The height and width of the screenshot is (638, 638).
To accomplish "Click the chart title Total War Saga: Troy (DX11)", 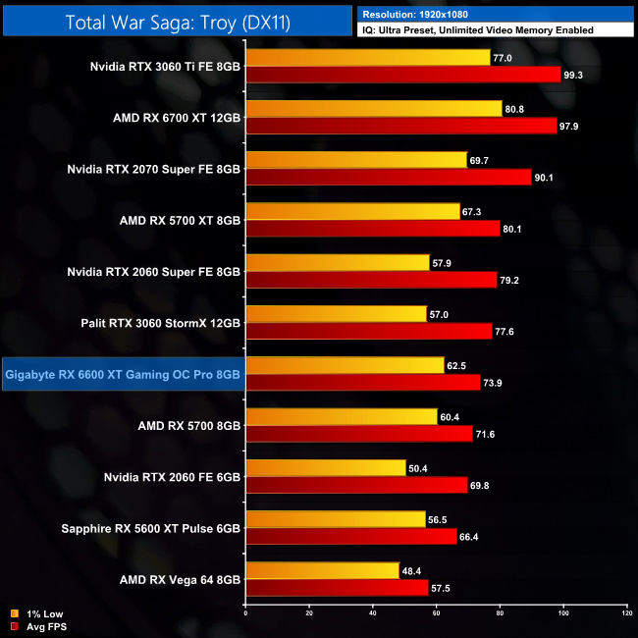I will [177, 20].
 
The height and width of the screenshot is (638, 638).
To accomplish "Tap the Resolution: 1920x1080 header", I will [421, 14].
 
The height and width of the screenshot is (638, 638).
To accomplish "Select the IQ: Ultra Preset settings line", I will [477, 30].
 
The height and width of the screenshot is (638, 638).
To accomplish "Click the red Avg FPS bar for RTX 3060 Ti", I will [402, 75].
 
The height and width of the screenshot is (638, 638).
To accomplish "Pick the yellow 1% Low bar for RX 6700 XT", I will [373, 109].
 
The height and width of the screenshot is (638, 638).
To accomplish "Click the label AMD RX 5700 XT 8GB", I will [179, 220].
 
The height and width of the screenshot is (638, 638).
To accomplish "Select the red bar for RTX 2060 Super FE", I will [371, 280].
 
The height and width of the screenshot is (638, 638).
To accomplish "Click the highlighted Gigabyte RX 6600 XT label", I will [123, 374].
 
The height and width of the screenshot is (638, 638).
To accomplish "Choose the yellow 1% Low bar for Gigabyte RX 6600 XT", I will [345, 365].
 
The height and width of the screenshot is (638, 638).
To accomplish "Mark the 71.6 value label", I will [488, 434].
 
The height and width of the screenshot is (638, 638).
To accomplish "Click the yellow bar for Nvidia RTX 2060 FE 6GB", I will [325, 468].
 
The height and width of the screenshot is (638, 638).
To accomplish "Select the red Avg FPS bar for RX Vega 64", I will [337, 587].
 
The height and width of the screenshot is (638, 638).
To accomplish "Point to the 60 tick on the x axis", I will [436, 614].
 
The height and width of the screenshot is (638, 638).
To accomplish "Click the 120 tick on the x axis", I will [626, 614].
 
